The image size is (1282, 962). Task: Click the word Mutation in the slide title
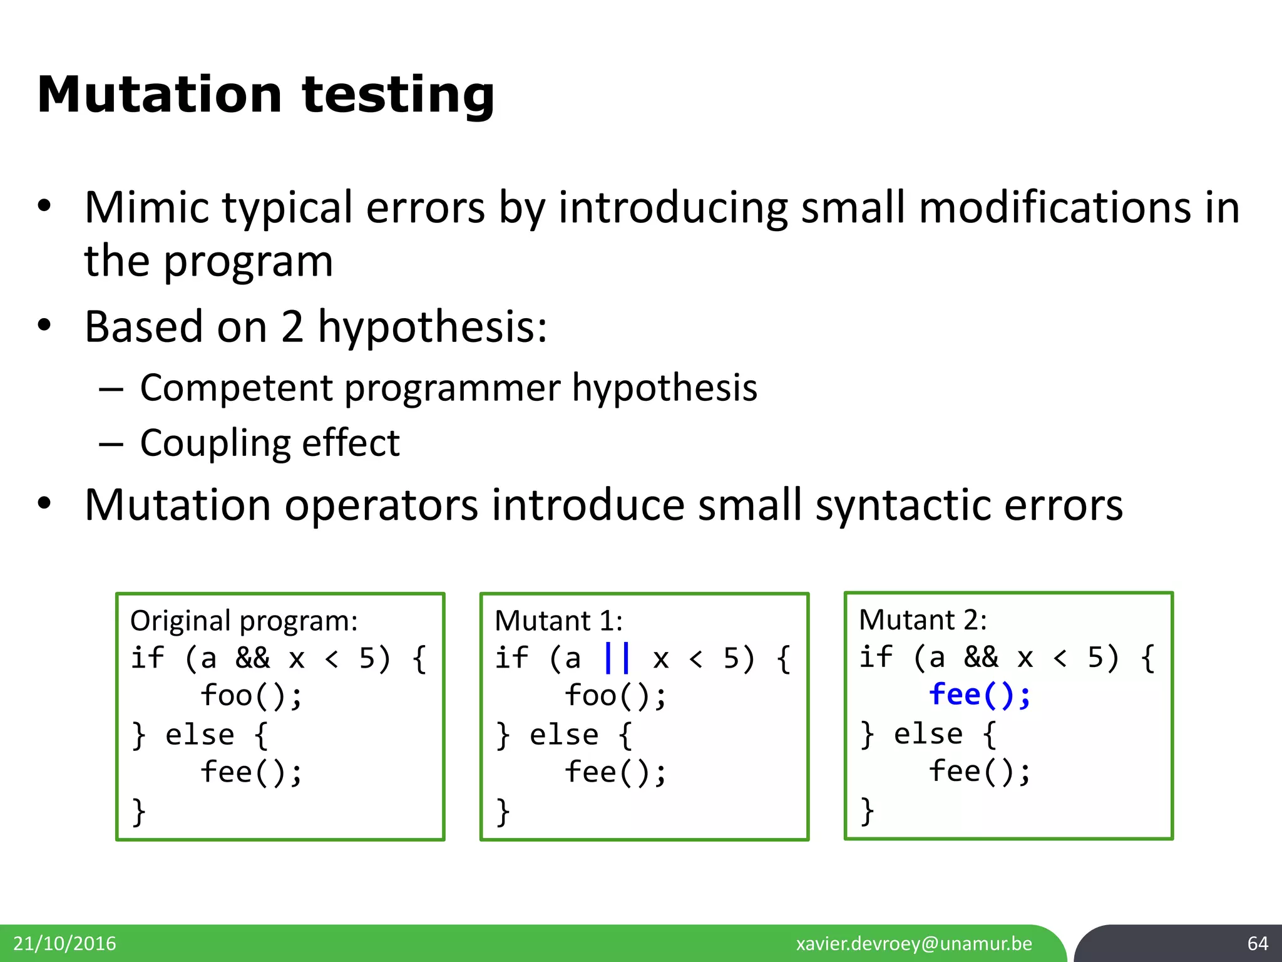click(159, 95)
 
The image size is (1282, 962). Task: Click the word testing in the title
click(398, 95)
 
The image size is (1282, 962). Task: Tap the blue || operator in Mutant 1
click(617, 658)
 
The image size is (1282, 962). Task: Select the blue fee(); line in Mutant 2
click(979, 695)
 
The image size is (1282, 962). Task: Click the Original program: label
click(244, 621)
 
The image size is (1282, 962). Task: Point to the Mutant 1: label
click(558, 621)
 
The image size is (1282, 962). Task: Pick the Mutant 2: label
click(922, 620)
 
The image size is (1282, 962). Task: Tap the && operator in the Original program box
click(252, 658)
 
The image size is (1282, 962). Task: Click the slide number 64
click(1257, 943)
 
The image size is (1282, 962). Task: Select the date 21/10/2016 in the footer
click(64, 943)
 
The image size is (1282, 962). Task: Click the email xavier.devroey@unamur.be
click(914, 943)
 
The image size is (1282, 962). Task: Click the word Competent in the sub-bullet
click(235, 388)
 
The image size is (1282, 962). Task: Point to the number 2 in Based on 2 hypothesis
click(292, 327)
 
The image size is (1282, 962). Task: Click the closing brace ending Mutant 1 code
click(503, 812)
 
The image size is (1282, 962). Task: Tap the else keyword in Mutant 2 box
click(928, 734)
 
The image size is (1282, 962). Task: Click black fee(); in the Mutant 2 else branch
click(979, 772)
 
